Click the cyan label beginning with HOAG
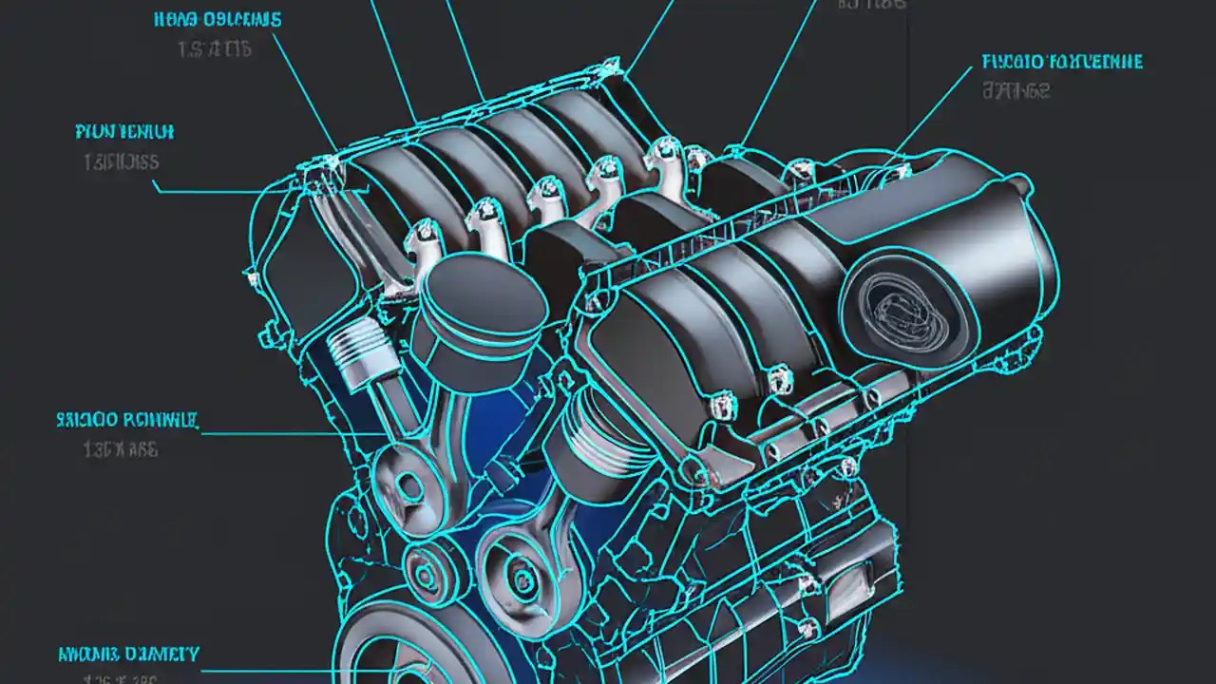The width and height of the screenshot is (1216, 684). tap(216, 20)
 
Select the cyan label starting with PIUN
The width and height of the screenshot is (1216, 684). tap(124, 131)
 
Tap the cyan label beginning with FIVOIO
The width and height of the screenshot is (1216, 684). tap(1062, 63)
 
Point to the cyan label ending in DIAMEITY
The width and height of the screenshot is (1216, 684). tap(128, 654)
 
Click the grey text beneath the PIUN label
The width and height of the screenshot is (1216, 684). tap(121, 162)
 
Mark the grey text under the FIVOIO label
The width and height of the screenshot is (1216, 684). tap(1016, 92)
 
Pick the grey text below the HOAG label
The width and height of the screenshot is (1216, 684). tap(215, 50)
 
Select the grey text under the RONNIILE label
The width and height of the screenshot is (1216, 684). tap(121, 449)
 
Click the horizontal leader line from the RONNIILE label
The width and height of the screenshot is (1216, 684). tap(285, 434)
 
